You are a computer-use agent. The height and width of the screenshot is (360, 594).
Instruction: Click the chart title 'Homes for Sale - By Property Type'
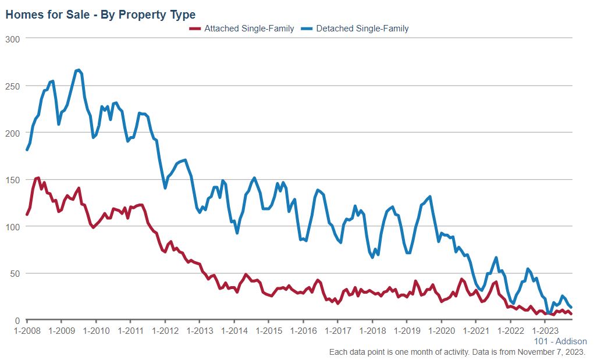click(x=100, y=15)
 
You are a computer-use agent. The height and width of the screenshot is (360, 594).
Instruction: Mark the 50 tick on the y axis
click(x=15, y=273)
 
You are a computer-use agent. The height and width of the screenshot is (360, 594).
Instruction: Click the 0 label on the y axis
click(x=17, y=320)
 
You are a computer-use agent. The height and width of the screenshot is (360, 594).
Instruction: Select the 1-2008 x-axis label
click(x=27, y=331)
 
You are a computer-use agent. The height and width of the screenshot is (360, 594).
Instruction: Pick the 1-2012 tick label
click(x=165, y=331)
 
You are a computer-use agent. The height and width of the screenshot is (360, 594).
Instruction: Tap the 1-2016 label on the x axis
click(x=303, y=331)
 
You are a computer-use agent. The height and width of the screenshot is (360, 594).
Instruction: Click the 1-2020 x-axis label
click(x=441, y=331)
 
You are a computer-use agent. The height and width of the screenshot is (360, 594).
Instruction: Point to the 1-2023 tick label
click(x=545, y=331)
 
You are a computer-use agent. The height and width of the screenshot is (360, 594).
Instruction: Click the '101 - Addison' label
click(x=560, y=341)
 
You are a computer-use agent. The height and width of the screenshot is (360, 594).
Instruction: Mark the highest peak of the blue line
click(x=78, y=70)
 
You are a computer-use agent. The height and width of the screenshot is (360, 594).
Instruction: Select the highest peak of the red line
click(x=38, y=178)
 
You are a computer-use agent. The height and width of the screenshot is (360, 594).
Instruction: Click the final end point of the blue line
click(x=571, y=307)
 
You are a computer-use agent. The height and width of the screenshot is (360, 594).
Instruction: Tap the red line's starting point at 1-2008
click(x=27, y=215)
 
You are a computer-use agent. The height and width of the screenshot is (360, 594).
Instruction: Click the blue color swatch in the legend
click(x=307, y=28)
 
